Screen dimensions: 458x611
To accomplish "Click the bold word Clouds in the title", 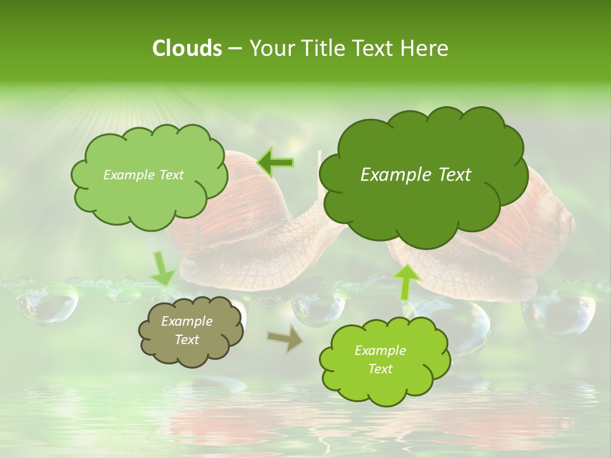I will click(186, 48).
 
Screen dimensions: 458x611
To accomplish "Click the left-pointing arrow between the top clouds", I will click(275, 163).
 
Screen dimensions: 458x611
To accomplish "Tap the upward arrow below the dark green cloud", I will click(407, 282).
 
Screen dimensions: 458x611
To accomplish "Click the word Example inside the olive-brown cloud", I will click(186, 321).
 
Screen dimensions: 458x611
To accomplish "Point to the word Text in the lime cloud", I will click(380, 369).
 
